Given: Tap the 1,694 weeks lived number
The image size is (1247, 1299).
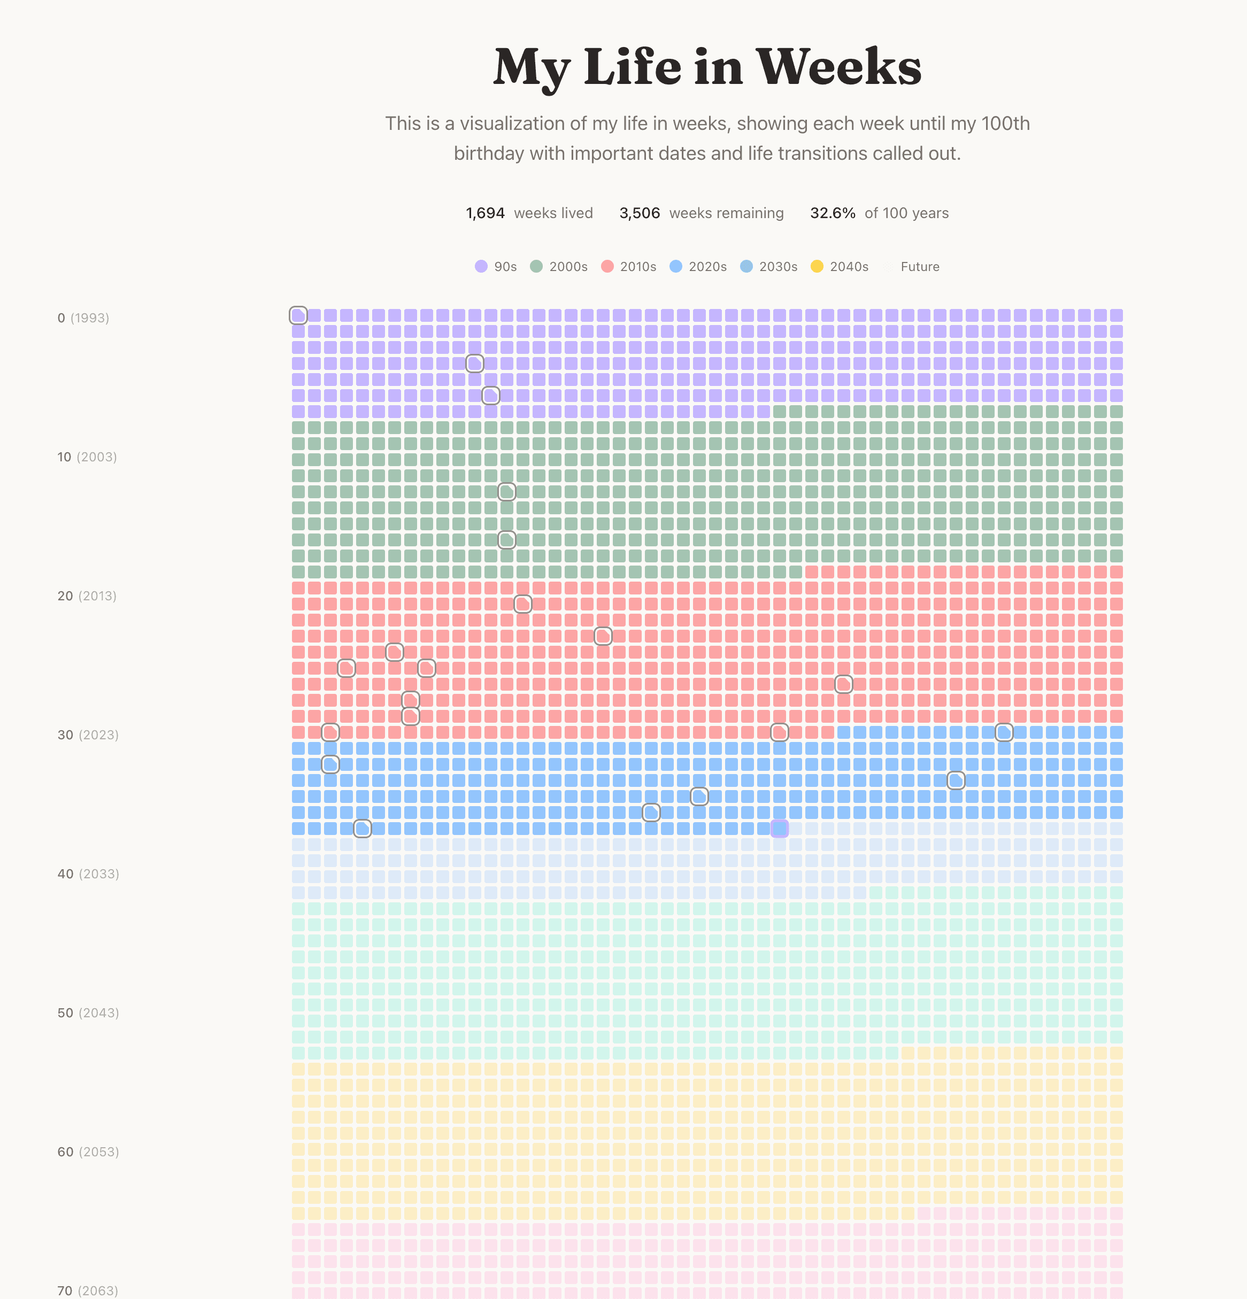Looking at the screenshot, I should tap(486, 213).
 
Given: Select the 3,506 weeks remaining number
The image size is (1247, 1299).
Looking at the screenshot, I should tap(639, 213).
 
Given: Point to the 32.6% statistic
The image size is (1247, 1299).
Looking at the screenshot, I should tap(832, 213).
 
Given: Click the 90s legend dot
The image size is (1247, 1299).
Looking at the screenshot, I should tap(481, 266).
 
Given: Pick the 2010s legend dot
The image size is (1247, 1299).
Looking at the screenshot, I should tap(607, 266).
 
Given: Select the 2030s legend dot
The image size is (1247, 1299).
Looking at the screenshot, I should tap(746, 266).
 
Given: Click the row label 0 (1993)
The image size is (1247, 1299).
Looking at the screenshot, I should tap(83, 318).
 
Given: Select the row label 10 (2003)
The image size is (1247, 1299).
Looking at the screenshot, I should tap(87, 457).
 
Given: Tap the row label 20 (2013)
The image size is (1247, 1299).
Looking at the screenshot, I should tap(87, 597).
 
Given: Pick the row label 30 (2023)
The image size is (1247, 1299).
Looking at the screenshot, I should tap(88, 735).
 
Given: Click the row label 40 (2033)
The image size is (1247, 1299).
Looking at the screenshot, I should tap(88, 874).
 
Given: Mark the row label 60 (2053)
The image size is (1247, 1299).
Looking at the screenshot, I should tap(88, 1152).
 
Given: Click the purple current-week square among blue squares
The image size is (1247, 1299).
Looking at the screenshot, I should tap(780, 829).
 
